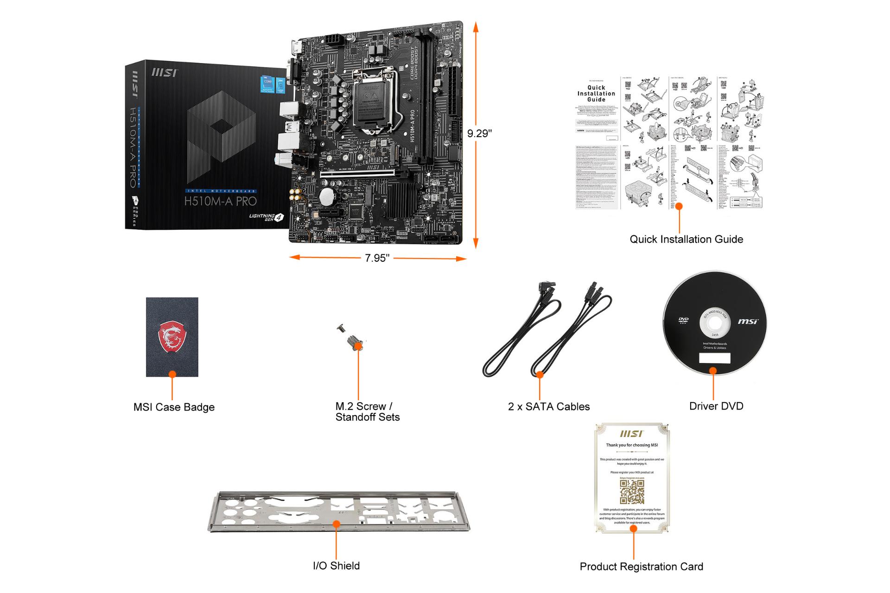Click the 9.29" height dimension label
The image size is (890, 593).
(x=479, y=133)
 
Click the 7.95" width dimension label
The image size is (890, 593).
(x=377, y=258)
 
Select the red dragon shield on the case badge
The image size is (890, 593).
(x=172, y=337)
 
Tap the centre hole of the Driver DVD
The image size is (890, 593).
(x=714, y=323)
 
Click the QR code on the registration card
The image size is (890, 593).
(x=632, y=492)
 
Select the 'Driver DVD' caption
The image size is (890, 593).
(x=716, y=406)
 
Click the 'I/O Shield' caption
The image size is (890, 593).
(x=336, y=566)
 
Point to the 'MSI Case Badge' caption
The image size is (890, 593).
(x=174, y=407)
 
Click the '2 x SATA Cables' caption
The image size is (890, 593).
(x=548, y=407)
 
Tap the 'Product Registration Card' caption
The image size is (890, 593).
(x=641, y=567)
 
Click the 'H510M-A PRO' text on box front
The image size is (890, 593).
(x=220, y=201)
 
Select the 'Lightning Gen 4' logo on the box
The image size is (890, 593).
(x=266, y=217)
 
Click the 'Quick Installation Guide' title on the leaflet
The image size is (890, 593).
(x=596, y=94)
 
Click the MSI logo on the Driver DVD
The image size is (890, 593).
(x=748, y=322)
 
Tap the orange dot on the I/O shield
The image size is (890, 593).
(x=337, y=524)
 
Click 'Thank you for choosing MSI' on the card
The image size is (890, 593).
(x=632, y=445)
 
